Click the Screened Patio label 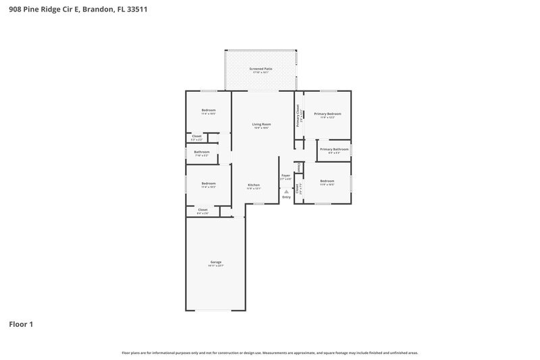(261, 69)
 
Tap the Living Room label (261, 124)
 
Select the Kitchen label (254, 184)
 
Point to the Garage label (215, 262)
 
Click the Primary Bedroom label (327, 113)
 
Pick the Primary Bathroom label (334, 149)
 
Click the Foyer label (286, 176)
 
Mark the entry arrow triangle (286, 191)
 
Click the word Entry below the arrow (286, 197)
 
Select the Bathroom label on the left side (202, 152)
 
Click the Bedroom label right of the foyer (327, 180)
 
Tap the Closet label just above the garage (202, 209)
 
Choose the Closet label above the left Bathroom (197, 136)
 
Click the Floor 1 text (21, 324)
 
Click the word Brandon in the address (93, 10)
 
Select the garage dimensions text (215, 266)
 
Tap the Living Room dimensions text (261, 128)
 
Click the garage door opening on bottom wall (215, 311)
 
